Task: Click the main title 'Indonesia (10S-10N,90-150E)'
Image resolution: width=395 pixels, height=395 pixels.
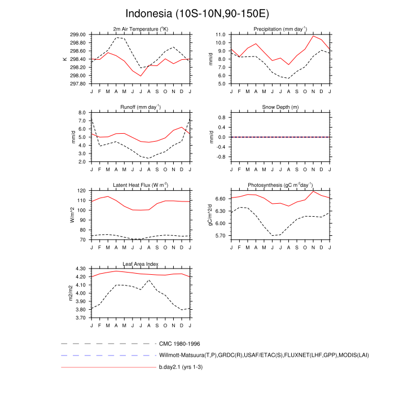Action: click(x=197, y=12)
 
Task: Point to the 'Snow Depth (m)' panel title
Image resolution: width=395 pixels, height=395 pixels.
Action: click(x=280, y=107)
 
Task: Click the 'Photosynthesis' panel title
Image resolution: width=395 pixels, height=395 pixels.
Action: click(x=280, y=185)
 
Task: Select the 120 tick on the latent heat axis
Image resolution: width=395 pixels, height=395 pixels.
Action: click(x=81, y=191)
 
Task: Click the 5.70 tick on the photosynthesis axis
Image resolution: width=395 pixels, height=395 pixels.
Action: click(x=220, y=235)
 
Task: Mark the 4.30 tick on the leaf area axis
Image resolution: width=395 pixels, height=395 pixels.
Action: click(x=80, y=269)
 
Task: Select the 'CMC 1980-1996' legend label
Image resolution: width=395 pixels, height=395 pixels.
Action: click(x=180, y=343)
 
